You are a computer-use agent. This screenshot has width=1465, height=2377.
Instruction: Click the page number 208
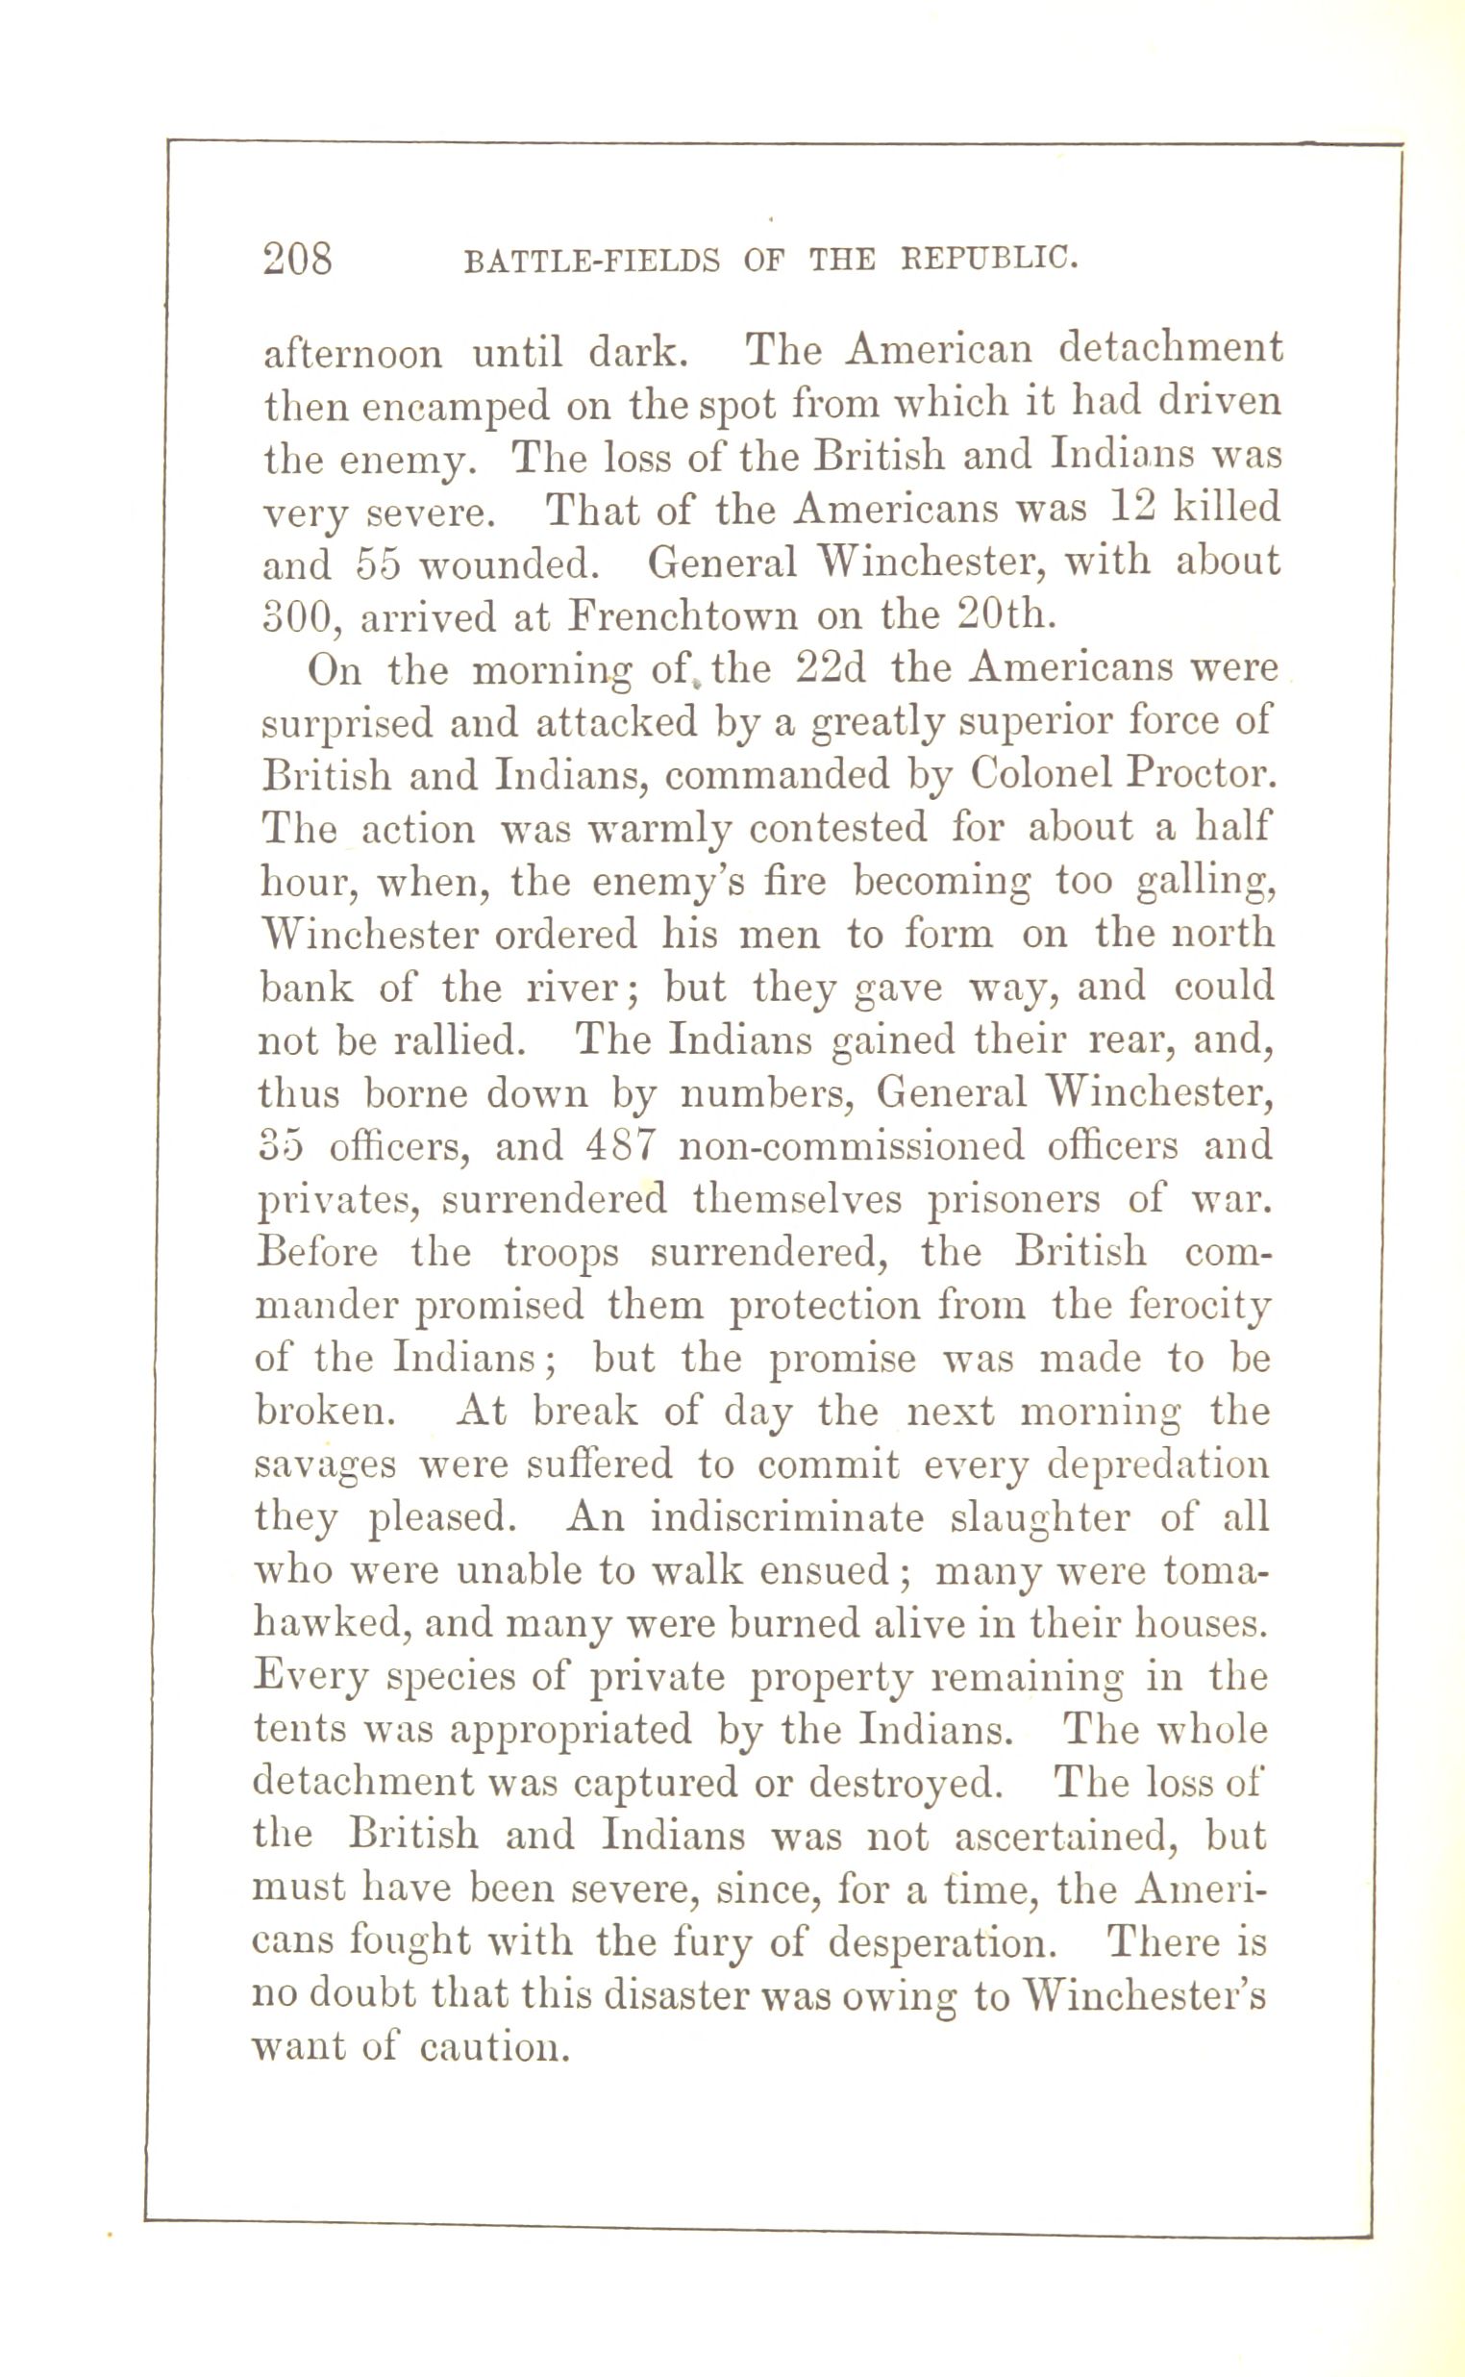[297, 260]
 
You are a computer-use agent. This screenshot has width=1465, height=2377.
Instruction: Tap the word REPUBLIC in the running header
[988, 259]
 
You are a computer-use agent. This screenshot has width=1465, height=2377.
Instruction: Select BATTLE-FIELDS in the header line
[592, 262]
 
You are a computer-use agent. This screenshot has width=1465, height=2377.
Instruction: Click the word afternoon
[353, 354]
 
